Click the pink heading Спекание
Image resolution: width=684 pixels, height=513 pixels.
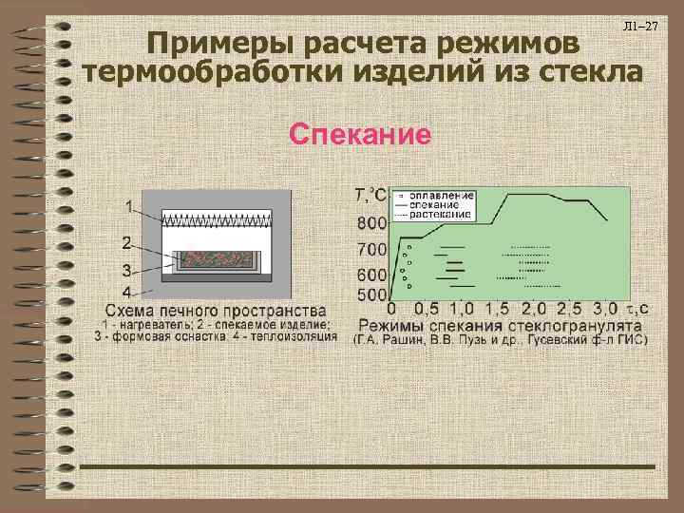(360, 134)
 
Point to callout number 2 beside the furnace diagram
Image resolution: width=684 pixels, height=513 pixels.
(127, 241)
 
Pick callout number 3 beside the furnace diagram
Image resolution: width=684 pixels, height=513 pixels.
(127, 270)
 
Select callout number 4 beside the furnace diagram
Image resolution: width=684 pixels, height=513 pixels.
(127, 291)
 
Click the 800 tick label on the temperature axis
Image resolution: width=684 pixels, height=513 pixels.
(371, 223)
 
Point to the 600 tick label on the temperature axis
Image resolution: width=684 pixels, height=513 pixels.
(371, 275)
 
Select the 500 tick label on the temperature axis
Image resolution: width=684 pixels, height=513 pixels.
(371, 294)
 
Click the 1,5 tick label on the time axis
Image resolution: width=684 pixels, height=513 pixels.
(497, 309)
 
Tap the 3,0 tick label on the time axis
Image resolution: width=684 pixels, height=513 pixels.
(606, 309)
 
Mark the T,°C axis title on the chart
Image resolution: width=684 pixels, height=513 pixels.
(370, 196)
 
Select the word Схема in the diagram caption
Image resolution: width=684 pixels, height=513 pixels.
(132, 311)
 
